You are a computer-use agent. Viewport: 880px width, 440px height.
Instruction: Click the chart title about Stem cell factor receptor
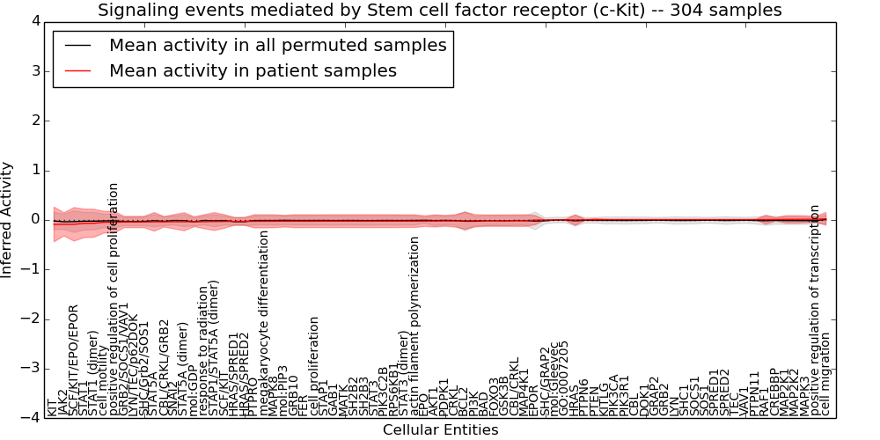pyautogui.click(x=439, y=11)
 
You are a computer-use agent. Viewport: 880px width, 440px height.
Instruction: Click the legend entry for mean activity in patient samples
pyautogui.click(x=253, y=70)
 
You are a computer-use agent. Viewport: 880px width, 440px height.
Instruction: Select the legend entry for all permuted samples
pyautogui.click(x=277, y=45)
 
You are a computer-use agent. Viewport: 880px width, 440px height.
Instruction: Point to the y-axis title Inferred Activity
pyautogui.click(x=8, y=220)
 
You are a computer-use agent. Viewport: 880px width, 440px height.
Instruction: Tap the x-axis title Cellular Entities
pyautogui.click(x=440, y=430)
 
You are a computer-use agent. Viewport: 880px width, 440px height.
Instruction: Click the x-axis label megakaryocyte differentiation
pyautogui.click(x=263, y=321)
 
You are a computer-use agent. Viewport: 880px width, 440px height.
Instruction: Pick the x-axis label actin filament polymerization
pyautogui.click(x=414, y=326)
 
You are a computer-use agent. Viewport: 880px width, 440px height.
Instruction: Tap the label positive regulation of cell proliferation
pyautogui.click(x=114, y=299)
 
